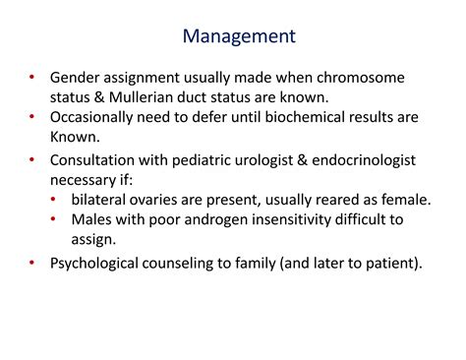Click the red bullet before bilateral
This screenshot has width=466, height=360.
tap(54, 200)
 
